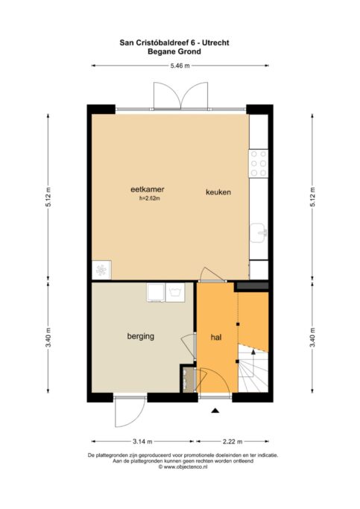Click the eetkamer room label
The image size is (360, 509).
(x=147, y=189)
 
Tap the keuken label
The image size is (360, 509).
(x=218, y=192)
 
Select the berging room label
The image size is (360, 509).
(x=141, y=336)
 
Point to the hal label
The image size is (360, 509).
(x=216, y=338)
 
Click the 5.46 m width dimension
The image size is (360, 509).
(x=180, y=66)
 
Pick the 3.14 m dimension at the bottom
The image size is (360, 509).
(x=142, y=441)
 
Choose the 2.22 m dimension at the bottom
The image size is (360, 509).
(x=233, y=441)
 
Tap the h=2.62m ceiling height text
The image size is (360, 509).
(x=150, y=199)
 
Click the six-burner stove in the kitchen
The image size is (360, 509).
(x=259, y=163)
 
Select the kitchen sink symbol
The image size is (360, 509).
(x=259, y=233)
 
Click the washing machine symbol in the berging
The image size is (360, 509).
(x=175, y=292)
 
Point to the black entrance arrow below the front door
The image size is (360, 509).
(x=215, y=411)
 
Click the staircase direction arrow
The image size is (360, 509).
(x=253, y=351)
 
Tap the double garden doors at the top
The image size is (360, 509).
(x=180, y=95)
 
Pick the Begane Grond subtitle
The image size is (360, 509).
(x=174, y=51)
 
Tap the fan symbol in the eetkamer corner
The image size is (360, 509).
(x=101, y=270)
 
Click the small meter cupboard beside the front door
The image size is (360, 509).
(x=187, y=380)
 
